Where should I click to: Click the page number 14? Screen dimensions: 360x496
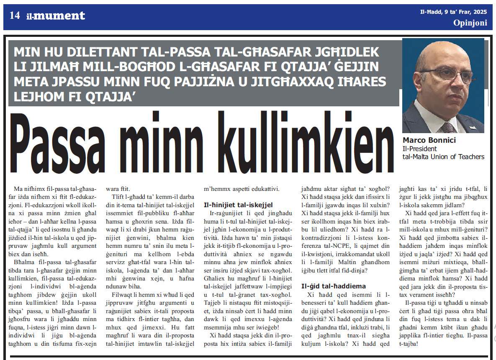click(x=15, y=16)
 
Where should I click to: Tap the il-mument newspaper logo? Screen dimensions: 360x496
click(x=55, y=16)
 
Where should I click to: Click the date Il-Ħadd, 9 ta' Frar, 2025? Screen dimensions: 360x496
click(x=454, y=12)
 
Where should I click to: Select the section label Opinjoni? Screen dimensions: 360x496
click(x=470, y=23)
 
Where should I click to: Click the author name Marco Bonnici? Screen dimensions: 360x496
click(x=429, y=140)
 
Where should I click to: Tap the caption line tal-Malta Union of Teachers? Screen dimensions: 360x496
click(x=443, y=157)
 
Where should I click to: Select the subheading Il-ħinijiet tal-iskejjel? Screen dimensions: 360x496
click(x=238, y=205)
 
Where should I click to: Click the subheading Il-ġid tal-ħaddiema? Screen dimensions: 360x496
click(x=334, y=286)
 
